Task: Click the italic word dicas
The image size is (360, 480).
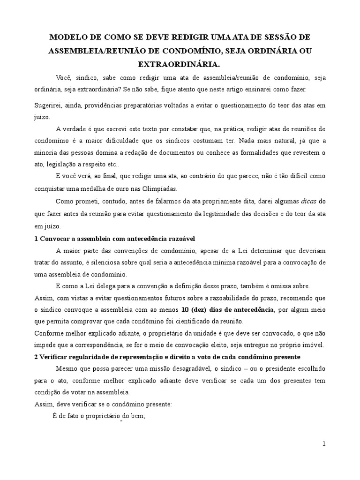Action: point(309,201)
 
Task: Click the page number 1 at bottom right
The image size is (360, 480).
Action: point(323,443)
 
